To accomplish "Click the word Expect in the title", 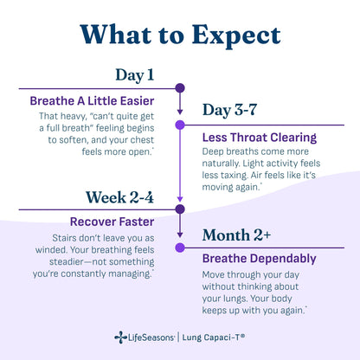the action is [x=236, y=36].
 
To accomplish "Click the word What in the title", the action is [x=116, y=35].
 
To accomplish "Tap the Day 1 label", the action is [x=135, y=75].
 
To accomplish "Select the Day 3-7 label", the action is [x=229, y=110].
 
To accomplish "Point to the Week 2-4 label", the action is [x=119, y=197].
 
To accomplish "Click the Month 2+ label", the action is [x=236, y=235].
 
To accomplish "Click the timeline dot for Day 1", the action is [x=180, y=88].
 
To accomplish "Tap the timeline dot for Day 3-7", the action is [x=180, y=125].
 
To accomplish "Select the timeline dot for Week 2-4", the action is [x=180, y=209].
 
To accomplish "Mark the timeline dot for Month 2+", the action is [x=180, y=247].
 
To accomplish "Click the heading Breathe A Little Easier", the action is [x=92, y=101].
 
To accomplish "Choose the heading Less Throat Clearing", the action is [x=260, y=138].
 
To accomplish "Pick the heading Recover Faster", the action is [x=112, y=222].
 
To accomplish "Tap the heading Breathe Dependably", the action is [x=260, y=259].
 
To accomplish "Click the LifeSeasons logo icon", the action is [x=120, y=337].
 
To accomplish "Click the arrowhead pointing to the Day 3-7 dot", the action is [x=180, y=112].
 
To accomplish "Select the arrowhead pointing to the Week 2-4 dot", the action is [x=180, y=199].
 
